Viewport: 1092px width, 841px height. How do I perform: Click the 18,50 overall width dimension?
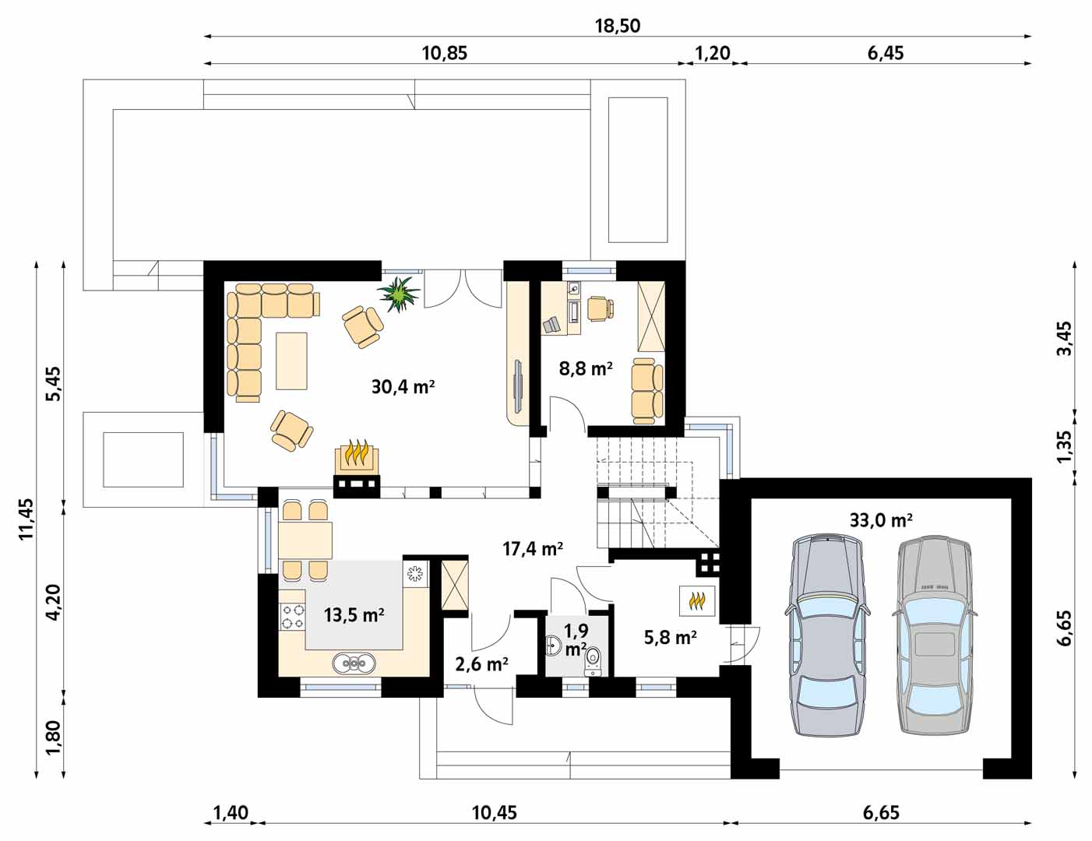click(618, 26)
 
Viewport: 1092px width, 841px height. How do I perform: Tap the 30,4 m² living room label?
click(403, 387)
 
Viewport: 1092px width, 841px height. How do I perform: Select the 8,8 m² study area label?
click(586, 369)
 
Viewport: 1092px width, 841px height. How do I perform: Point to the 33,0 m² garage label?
click(881, 520)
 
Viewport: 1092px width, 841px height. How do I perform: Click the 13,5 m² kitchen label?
click(354, 614)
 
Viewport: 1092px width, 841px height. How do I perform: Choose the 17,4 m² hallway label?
click(533, 549)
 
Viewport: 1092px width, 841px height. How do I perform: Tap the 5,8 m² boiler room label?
click(670, 638)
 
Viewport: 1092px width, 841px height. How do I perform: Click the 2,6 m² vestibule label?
click(481, 664)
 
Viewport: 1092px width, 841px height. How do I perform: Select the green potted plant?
click(400, 294)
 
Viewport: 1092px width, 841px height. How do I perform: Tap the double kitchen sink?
click(354, 663)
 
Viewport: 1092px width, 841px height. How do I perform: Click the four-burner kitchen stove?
click(293, 617)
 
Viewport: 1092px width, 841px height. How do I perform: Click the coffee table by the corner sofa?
click(291, 361)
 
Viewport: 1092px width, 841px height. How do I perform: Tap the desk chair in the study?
click(601, 308)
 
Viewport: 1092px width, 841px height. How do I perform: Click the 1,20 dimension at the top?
click(712, 52)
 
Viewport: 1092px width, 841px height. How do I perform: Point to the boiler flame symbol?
click(696, 600)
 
